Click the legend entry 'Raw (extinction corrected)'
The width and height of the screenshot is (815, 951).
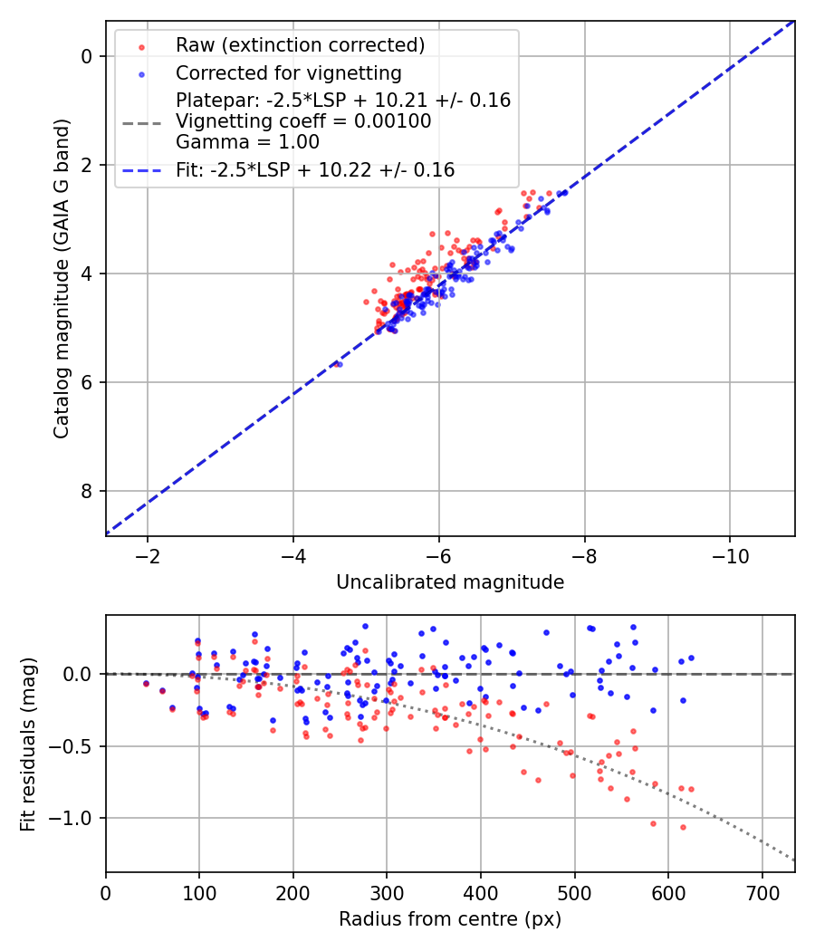coord(300,45)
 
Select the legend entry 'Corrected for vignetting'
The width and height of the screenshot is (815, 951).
coord(288,72)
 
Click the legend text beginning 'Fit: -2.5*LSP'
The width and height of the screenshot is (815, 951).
coord(315,169)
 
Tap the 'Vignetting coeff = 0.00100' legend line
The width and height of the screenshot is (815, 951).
coord(303,121)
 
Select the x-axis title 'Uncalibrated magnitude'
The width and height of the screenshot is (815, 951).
coord(450,582)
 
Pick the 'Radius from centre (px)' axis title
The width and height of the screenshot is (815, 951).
coord(450,919)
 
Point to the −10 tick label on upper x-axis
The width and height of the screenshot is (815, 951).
coord(731,556)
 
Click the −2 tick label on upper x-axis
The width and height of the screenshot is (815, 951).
coord(148,556)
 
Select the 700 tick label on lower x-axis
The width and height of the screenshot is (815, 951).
coord(762,892)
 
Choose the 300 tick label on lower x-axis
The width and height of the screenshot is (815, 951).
coord(387,892)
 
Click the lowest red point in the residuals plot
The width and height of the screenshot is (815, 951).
coord(683,827)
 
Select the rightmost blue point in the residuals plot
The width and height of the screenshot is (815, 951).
coord(691,658)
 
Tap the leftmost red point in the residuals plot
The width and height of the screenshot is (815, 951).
coord(146,684)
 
